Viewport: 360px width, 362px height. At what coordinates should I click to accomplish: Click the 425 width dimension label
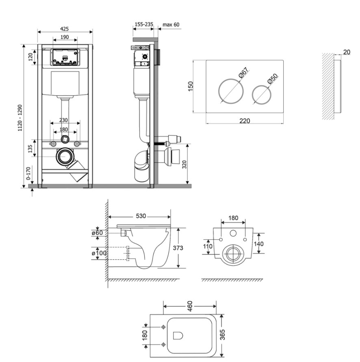click(x=64, y=29)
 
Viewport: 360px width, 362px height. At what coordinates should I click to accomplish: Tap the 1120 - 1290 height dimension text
click(x=20, y=118)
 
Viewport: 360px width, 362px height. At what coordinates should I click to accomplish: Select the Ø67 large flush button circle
click(x=230, y=91)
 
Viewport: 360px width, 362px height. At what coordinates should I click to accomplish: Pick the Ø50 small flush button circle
click(x=262, y=95)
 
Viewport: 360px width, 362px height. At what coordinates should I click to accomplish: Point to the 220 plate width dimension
click(x=244, y=121)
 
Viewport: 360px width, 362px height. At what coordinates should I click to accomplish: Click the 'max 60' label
click(x=171, y=24)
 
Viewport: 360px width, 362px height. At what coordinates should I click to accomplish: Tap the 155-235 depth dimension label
click(x=144, y=24)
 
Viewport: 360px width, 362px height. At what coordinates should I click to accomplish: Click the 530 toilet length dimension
click(x=141, y=216)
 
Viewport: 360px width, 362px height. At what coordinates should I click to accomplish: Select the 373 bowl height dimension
click(x=178, y=248)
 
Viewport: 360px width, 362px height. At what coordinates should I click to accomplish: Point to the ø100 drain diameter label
click(x=99, y=253)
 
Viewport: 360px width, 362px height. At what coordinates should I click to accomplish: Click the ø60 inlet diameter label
click(x=97, y=233)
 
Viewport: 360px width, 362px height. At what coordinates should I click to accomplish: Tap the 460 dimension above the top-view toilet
click(x=190, y=306)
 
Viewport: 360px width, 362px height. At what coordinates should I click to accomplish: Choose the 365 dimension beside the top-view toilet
click(x=222, y=335)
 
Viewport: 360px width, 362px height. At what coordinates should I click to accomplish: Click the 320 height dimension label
click(x=184, y=164)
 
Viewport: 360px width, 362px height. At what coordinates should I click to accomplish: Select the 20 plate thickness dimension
click(x=347, y=52)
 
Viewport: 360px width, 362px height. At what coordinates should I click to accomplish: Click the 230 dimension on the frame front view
click(x=63, y=120)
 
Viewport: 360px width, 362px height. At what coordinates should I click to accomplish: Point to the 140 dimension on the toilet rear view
click(x=258, y=243)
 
